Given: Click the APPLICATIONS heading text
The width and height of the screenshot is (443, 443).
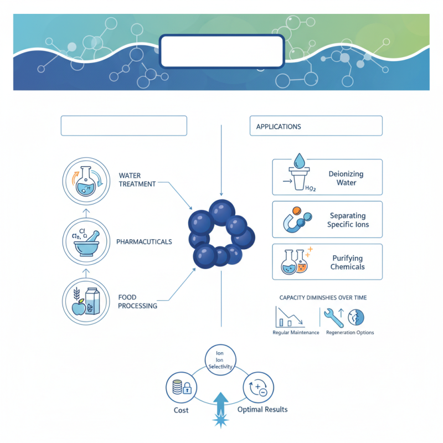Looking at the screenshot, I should (279, 127).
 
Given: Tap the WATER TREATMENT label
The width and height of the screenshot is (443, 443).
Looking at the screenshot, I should (137, 180).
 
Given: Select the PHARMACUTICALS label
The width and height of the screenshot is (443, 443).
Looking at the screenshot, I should (144, 242).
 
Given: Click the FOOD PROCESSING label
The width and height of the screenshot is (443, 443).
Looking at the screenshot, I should (137, 302).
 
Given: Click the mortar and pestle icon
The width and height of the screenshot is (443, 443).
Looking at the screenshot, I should (85, 241).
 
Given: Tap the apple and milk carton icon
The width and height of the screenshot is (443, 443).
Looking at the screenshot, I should (85, 301).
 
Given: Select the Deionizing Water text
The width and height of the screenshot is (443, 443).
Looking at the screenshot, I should (346, 178).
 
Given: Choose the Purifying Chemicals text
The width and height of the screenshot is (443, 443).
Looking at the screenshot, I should (348, 262).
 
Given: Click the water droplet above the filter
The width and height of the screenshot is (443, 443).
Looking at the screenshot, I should (299, 161).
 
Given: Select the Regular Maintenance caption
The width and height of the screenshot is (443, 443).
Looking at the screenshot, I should (296, 333).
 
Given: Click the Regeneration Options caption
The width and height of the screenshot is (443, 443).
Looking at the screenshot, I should (350, 333).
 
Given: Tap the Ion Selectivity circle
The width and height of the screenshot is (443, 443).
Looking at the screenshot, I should (220, 359).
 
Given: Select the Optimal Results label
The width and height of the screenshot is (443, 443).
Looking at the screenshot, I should (262, 409).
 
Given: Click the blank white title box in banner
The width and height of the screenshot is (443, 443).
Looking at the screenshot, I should (222, 51).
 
